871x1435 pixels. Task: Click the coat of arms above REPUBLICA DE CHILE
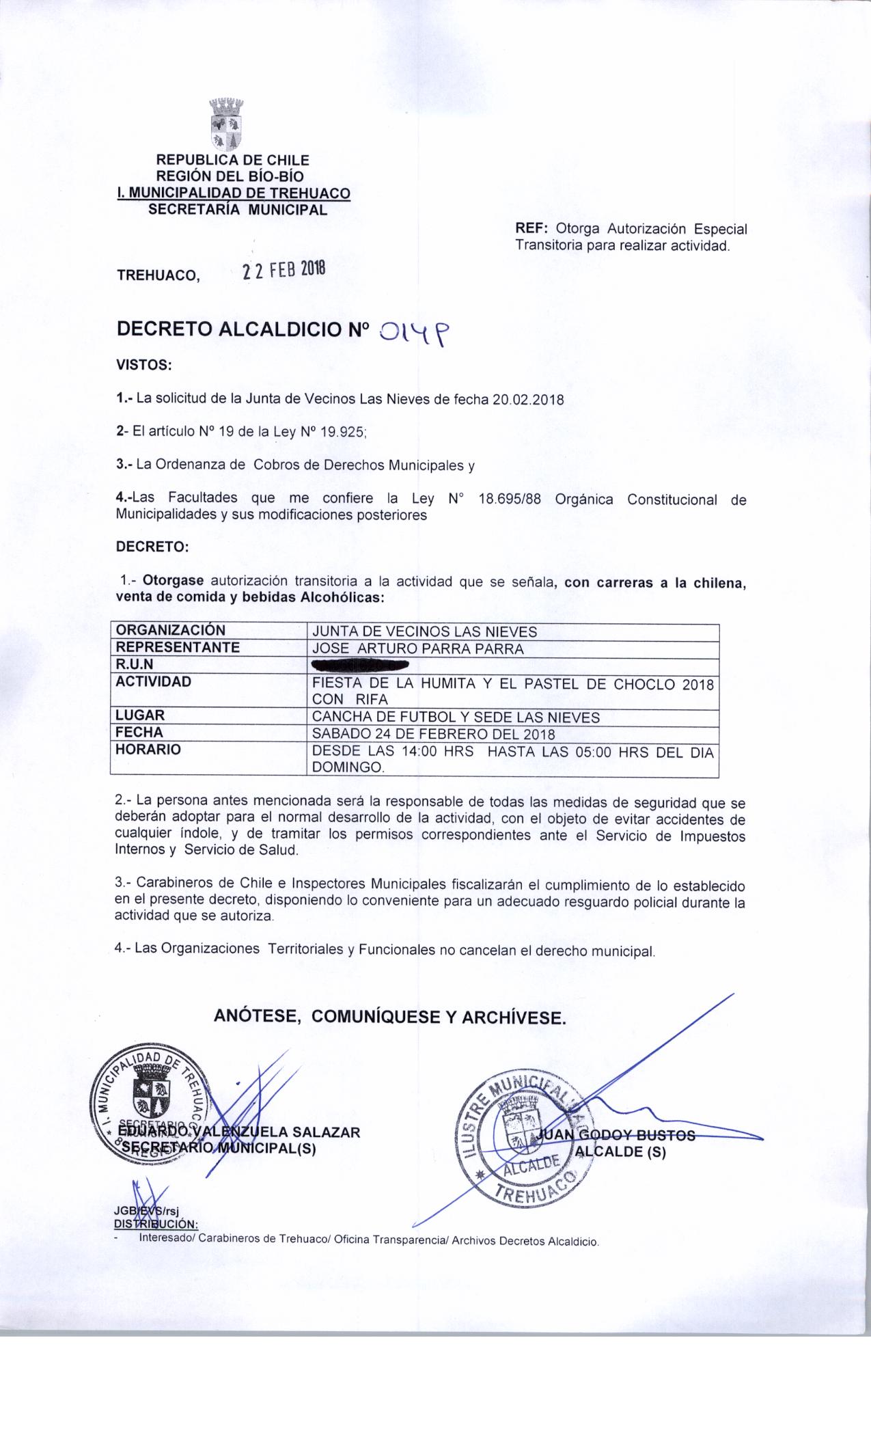pos(225,124)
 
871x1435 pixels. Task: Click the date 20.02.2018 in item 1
pos(527,400)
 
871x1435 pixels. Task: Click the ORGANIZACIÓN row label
pos(171,631)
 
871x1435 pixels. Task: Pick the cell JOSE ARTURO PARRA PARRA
pos(418,648)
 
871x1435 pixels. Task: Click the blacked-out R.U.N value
pos(360,664)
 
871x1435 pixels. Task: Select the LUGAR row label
pos(141,715)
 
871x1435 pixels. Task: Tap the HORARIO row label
pos(148,750)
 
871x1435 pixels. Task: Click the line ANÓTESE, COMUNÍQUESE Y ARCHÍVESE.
pos(390,1017)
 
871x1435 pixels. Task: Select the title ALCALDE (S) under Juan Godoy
pos(620,1151)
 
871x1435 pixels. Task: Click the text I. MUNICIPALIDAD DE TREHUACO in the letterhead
pos(234,193)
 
